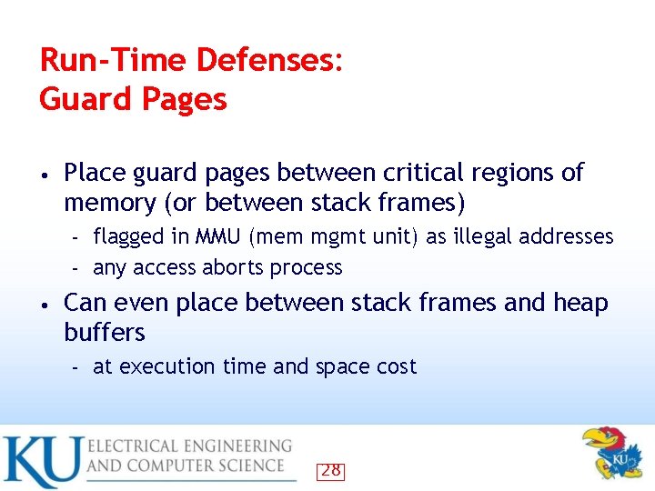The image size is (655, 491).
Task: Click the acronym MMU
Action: (x=218, y=236)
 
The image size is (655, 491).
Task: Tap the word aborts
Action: (x=234, y=267)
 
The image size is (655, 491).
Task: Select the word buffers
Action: (x=105, y=332)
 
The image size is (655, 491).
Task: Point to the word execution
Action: (x=165, y=366)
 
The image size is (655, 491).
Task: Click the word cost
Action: (x=396, y=366)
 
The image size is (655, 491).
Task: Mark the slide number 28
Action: (x=331, y=470)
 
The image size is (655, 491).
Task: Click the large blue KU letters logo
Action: (x=41, y=461)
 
